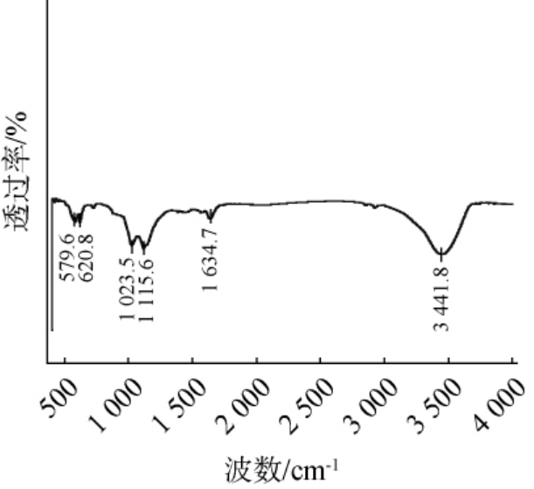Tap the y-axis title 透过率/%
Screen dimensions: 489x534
(x=20, y=171)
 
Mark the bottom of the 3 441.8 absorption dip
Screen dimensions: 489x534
(x=442, y=254)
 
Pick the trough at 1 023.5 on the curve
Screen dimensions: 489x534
(x=133, y=246)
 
